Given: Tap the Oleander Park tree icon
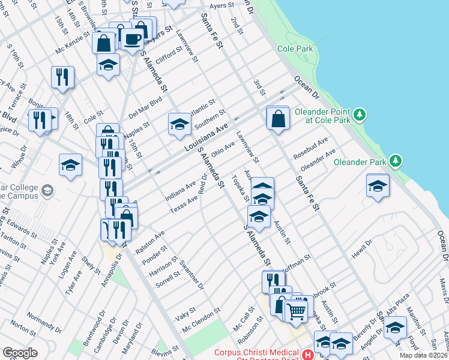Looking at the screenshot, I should pos(396,160).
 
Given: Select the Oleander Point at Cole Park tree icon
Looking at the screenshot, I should pos(360,114).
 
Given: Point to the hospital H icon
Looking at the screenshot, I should pos(307,355).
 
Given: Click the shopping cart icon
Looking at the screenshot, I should pos(295,311).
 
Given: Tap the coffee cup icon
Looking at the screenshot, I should pos(133,40).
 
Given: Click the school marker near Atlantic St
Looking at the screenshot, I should pos(179,124).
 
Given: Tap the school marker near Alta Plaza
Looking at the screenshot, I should pos(395,328).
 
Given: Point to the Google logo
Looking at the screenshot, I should pos(20,352).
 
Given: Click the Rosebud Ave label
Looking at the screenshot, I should pos(310,148).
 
